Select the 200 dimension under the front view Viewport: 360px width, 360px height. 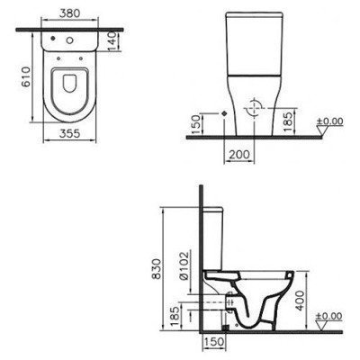(x=237, y=156)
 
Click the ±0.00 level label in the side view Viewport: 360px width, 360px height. (x=332, y=316)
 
